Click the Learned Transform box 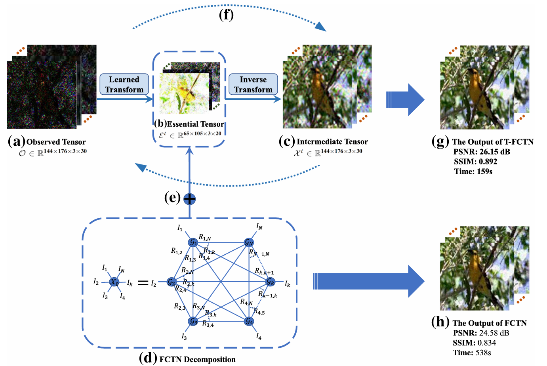pyautogui.click(x=124, y=84)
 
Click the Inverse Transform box pyautogui.click(x=253, y=84)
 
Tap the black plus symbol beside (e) pyautogui.click(x=190, y=198)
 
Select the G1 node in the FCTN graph pyautogui.click(x=193, y=242)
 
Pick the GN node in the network pyautogui.click(x=249, y=242)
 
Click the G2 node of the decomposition pyautogui.click(x=171, y=282)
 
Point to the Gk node pyautogui.click(x=271, y=282)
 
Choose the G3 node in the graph pyautogui.click(x=193, y=321)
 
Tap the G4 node pyautogui.click(x=249, y=321)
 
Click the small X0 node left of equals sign pyautogui.click(x=114, y=282)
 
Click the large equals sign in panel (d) pyautogui.click(x=143, y=283)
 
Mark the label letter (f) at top pyautogui.click(x=226, y=15)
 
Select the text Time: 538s pyautogui.click(x=472, y=353)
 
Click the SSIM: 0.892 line pyautogui.click(x=475, y=162)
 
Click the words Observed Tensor pyautogui.click(x=56, y=142)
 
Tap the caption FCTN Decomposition pyautogui.click(x=197, y=359)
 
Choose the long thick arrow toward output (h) pyautogui.click(x=368, y=281)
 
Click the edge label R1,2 pyautogui.click(x=177, y=251)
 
